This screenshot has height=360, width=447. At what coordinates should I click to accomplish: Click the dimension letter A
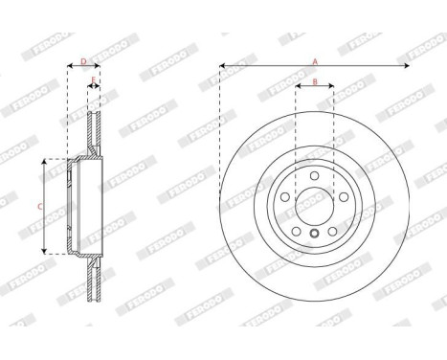[x=315, y=61]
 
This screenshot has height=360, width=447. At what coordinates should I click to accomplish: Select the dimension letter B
[x=314, y=83]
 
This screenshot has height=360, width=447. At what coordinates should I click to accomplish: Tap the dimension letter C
[x=39, y=206]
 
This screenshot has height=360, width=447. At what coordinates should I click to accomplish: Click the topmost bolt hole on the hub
[x=314, y=175]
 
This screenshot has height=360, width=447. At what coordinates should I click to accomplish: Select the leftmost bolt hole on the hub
[x=285, y=197]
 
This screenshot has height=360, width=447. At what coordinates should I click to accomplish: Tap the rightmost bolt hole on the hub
[x=343, y=197]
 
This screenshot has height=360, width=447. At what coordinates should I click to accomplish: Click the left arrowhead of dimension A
[x=222, y=67]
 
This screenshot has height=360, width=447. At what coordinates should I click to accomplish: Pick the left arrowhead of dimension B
[x=298, y=89]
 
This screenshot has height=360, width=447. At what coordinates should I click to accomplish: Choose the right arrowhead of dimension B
[x=331, y=89]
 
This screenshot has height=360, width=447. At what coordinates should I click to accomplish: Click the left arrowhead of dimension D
[x=70, y=68]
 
